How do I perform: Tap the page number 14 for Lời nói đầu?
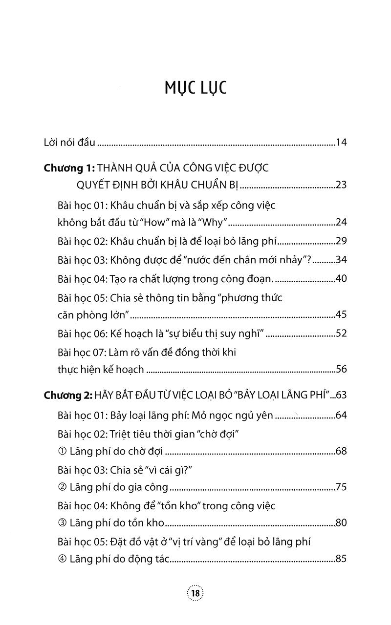point(341,143)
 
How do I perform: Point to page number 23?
point(341,186)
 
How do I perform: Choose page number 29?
point(341,241)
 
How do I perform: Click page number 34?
point(341,260)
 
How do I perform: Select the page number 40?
point(341,279)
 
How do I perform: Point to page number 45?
point(341,315)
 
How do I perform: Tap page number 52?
point(341,333)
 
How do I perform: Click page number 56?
point(341,369)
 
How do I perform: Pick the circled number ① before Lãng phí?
point(62,451)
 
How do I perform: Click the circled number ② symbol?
point(62,487)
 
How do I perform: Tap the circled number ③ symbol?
point(62,523)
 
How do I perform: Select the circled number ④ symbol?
point(62,559)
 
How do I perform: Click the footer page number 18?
point(195,593)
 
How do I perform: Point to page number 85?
point(341,559)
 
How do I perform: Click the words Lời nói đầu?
point(69,143)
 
